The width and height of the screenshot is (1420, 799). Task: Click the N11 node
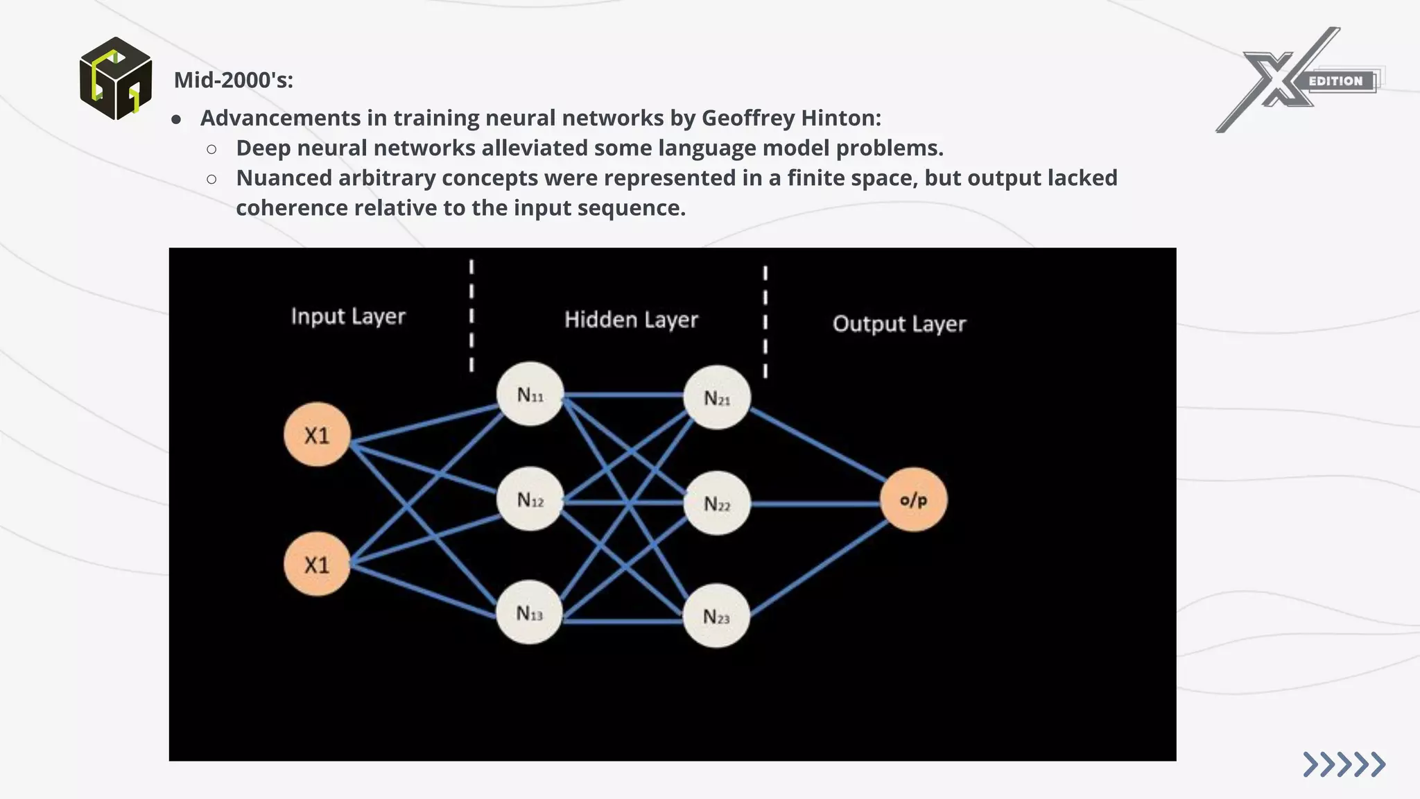tap(530, 394)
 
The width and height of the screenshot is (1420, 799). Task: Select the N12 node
tap(530, 499)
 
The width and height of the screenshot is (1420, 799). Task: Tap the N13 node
tap(530, 612)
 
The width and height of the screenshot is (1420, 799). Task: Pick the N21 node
tap(717, 397)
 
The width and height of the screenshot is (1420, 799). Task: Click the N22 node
tap(717, 504)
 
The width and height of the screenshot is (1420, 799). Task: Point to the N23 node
tap(716, 616)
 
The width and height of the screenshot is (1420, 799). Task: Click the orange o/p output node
tap(913, 499)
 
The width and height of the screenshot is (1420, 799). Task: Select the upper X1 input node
tap(317, 435)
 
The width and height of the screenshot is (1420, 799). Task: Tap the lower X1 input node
tap(317, 564)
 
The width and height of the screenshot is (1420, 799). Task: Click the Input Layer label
tap(348, 316)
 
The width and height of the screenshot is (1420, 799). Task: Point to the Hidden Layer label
tap(631, 320)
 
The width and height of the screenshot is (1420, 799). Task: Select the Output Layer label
tap(899, 324)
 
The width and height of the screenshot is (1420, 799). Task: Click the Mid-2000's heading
tap(233, 80)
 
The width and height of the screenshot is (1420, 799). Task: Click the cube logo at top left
tap(116, 78)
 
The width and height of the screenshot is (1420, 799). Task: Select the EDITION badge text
tap(1335, 81)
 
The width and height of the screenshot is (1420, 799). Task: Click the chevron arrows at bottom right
tap(1344, 764)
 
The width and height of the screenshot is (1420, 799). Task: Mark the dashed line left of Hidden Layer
tap(471, 316)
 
